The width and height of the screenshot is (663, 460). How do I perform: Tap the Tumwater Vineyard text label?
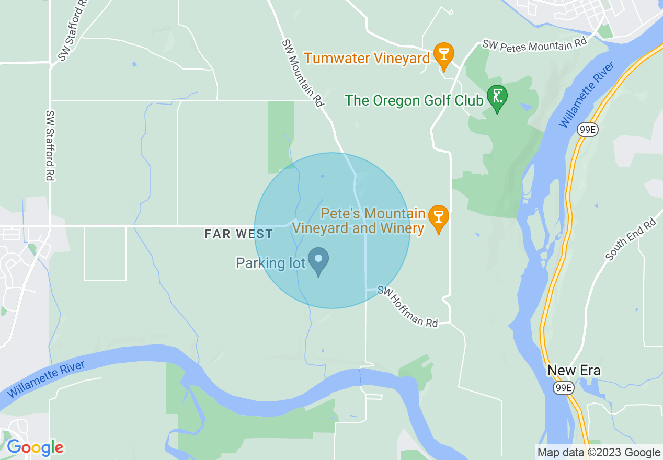(367, 58)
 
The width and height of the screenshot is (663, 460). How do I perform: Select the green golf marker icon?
(497, 98)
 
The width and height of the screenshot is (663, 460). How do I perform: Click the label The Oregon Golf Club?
(414, 100)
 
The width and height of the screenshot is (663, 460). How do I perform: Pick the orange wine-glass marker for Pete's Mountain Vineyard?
(438, 218)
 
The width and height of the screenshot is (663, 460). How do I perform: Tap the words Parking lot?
(270, 263)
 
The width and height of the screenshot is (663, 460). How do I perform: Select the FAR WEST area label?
(238, 234)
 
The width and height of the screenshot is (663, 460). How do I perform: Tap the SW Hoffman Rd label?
(408, 306)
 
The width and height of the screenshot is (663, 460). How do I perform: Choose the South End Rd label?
(630, 240)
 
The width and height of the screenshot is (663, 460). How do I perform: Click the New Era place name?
(574, 371)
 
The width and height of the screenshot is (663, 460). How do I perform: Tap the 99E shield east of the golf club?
(588, 130)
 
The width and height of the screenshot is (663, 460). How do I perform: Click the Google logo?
(35, 447)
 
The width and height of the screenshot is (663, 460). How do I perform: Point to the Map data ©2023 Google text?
(599, 453)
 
